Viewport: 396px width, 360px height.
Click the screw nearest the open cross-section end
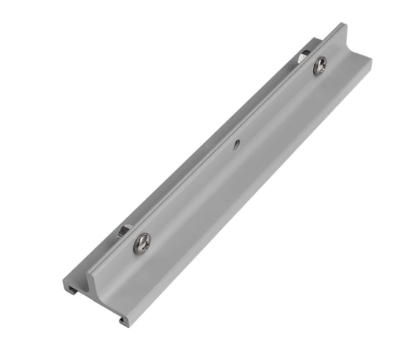tap(142, 243)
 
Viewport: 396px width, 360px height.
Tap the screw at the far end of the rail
tap(320, 66)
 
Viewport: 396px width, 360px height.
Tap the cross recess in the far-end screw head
tap(320, 66)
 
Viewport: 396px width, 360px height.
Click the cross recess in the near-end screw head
tap(142, 243)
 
